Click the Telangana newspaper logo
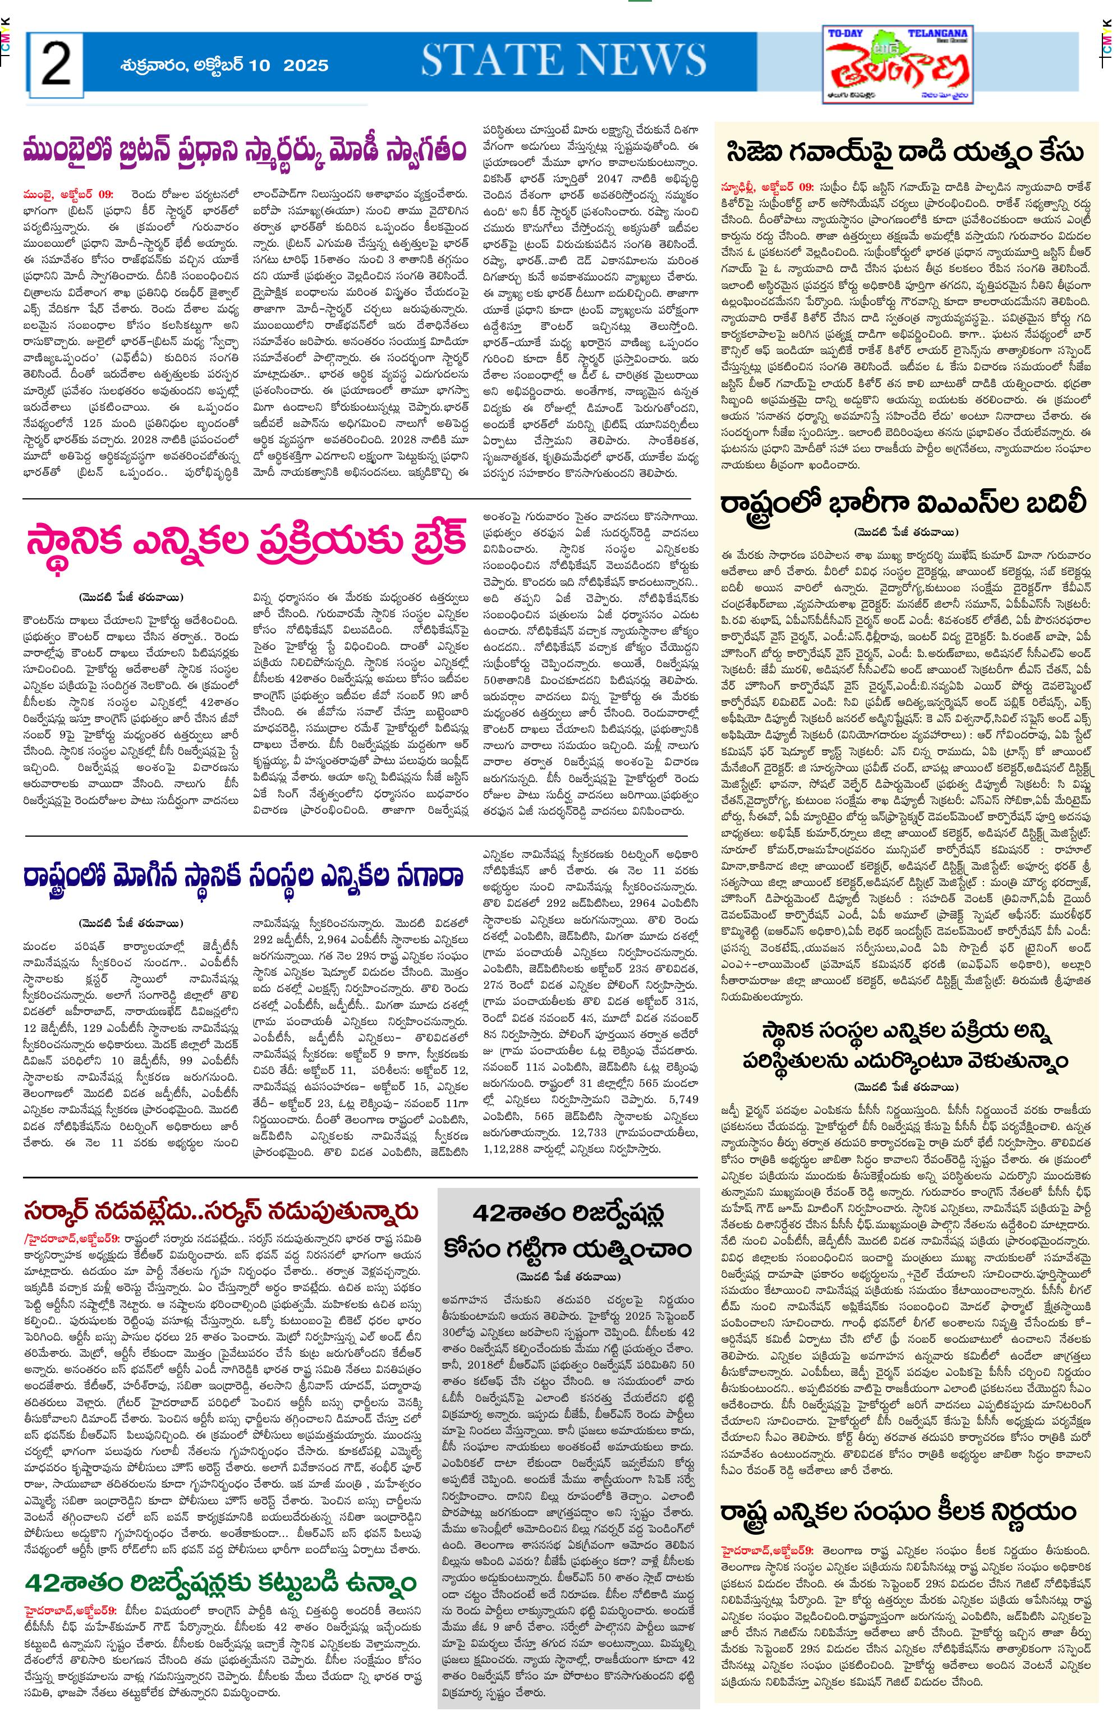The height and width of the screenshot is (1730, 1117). point(899,65)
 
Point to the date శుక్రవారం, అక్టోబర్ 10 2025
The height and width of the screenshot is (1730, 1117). point(224,65)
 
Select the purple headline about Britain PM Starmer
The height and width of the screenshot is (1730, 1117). point(243,151)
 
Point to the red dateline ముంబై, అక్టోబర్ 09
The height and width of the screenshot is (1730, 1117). point(67,194)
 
